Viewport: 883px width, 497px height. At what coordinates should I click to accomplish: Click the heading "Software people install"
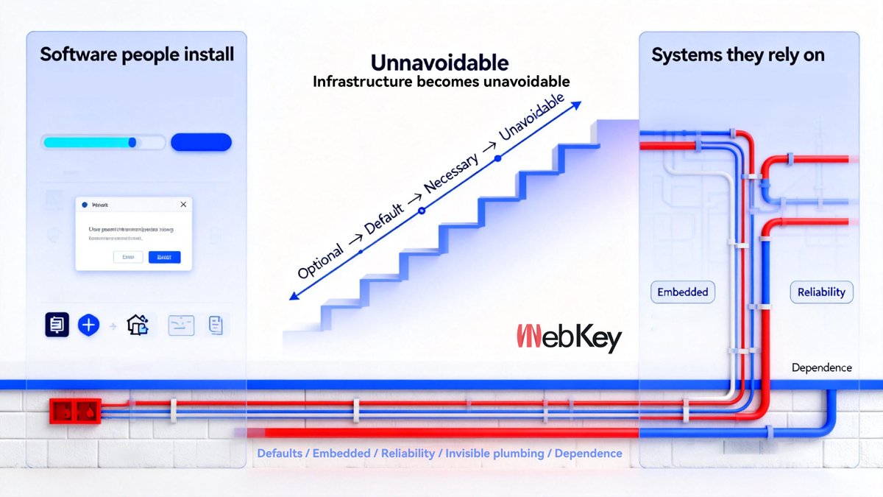[x=137, y=54]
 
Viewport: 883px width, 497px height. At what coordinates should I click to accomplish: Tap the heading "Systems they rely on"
[x=738, y=55]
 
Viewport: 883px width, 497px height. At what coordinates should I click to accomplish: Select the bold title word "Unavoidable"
[x=440, y=61]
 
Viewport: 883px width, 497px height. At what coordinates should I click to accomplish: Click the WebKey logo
[x=569, y=338]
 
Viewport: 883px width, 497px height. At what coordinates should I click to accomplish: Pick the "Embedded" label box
[x=683, y=292]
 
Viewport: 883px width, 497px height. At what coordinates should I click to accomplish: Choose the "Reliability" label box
[x=821, y=292]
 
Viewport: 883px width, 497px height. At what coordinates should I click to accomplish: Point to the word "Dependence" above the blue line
[x=821, y=367]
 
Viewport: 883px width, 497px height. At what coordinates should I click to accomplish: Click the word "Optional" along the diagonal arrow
[x=321, y=261]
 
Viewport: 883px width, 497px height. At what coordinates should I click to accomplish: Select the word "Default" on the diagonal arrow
[x=384, y=216]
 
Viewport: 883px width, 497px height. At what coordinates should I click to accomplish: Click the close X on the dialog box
[x=183, y=204]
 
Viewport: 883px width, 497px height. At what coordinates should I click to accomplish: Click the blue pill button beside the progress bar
[x=201, y=142]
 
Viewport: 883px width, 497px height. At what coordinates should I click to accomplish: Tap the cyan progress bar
[x=90, y=142]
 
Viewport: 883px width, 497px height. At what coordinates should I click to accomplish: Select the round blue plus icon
[x=88, y=324]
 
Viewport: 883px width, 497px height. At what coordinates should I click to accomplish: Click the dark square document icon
[x=57, y=324]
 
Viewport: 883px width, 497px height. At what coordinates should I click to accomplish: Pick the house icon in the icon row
[x=138, y=324]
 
